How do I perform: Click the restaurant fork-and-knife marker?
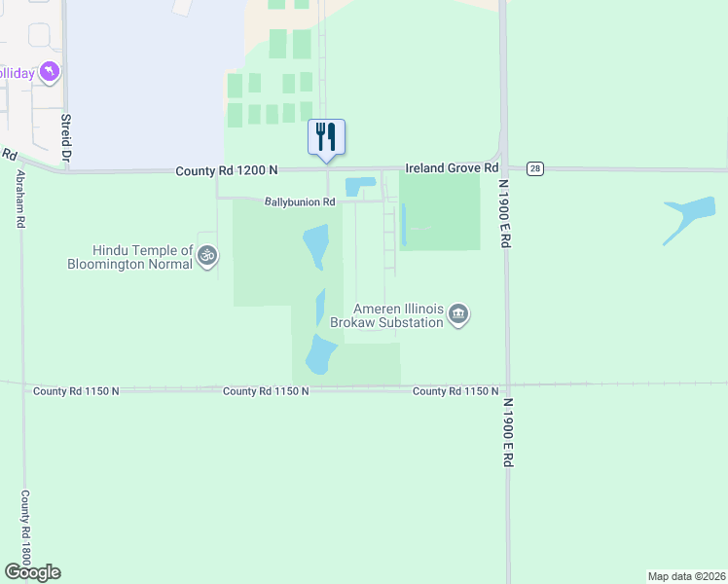click(327, 137)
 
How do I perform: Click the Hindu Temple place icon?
click(206, 256)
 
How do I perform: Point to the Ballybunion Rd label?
click(300, 202)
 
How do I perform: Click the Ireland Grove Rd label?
click(453, 169)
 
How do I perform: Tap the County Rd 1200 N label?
click(227, 170)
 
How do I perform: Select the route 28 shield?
click(535, 169)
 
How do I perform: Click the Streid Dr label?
click(67, 136)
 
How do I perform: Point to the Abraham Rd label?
click(19, 200)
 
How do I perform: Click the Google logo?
click(32, 571)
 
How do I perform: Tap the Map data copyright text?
click(685, 575)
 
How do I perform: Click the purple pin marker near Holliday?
click(51, 72)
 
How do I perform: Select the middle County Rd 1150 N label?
click(266, 391)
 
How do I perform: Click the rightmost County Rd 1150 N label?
click(455, 391)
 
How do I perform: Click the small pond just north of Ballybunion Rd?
click(358, 186)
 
